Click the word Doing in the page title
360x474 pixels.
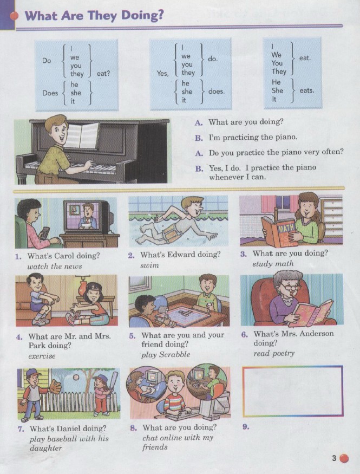[142, 16]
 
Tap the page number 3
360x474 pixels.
[333, 458]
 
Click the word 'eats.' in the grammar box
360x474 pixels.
[307, 90]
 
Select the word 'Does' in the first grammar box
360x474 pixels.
[50, 93]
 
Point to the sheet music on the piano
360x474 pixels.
[81, 135]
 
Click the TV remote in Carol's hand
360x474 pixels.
[45, 233]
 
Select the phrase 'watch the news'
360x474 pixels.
[55, 267]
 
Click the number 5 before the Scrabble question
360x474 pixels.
[132, 336]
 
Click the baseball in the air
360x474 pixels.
[76, 377]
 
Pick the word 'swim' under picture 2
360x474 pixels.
[149, 265]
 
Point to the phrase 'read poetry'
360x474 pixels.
[274, 353]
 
